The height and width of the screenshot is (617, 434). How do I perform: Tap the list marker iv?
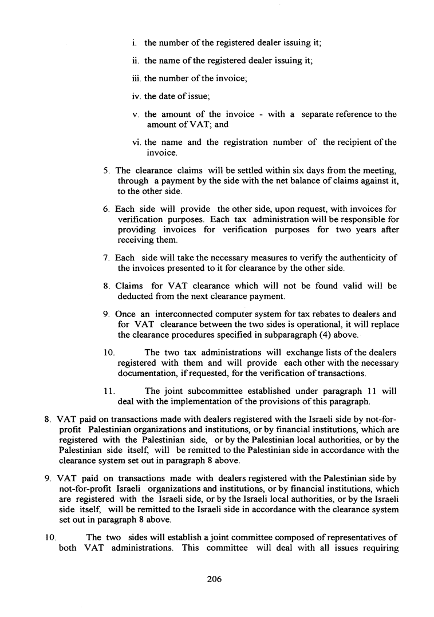tap(136, 96)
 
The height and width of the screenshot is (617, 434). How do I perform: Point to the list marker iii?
tap(136, 78)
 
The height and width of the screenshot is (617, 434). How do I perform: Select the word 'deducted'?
tap(137, 296)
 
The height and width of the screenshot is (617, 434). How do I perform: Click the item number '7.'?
tap(106, 258)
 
